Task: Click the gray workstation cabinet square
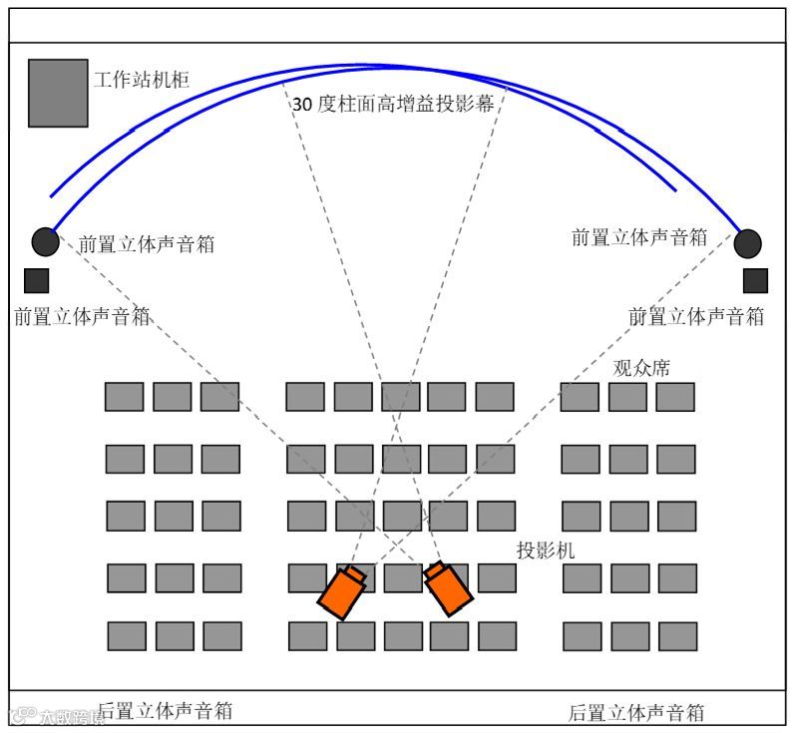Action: tap(58, 93)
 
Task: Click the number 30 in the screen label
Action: tap(302, 104)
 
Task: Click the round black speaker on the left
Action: tap(46, 241)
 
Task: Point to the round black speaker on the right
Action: tap(747, 243)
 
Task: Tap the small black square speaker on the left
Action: tap(37, 280)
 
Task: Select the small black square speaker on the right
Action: tap(755, 281)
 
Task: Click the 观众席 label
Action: tap(641, 368)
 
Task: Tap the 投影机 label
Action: tap(545, 550)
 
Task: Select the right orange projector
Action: tap(447, 587)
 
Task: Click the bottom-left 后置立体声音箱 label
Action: tap(166, 710)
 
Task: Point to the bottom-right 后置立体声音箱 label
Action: tap(636, 712)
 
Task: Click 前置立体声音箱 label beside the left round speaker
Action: tap(147, 243)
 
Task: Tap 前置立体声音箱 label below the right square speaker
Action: tap(696, 316)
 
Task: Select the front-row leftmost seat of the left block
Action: tap(125, 397)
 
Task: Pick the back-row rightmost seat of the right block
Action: tap(677, 636)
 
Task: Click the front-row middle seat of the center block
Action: tap(400, 397)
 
